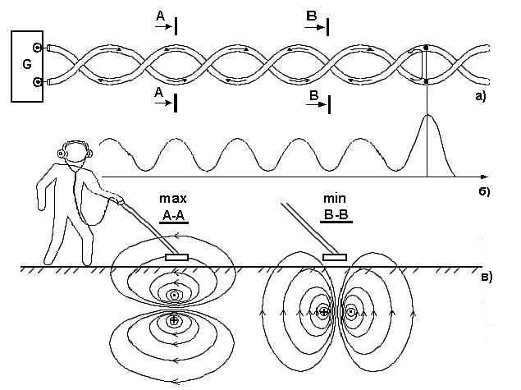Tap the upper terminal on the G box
(37, 48)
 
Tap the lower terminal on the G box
(37, 82)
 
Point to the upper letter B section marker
(311, 16)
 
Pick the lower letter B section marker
(313, 96)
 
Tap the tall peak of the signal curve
(427, 117)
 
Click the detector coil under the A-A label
(176, 258)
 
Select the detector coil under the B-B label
(335, 258)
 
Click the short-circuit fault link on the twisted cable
(426, 64)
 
